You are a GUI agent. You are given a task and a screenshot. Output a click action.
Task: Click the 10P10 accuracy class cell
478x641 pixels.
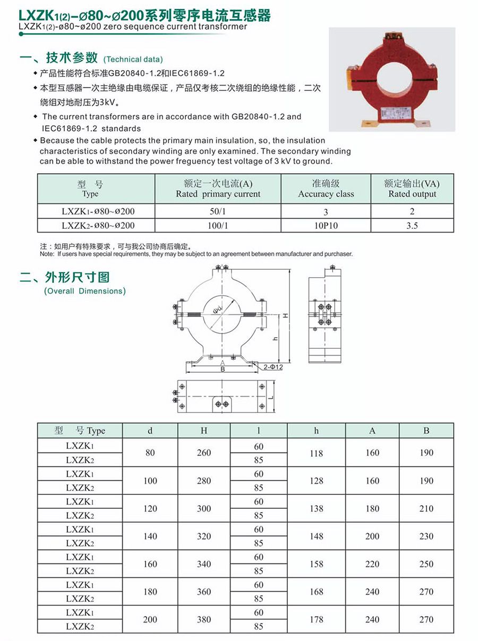tap(326, 226)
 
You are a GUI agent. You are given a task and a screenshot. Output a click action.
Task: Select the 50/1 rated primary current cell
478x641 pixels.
tap(218, 211)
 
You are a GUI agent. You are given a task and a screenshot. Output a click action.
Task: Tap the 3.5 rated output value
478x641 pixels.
tap(412, 226)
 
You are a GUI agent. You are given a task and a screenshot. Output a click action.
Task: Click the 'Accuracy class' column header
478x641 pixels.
tap(326, 189)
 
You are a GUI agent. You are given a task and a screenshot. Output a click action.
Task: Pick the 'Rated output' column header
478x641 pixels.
tap(412, 189)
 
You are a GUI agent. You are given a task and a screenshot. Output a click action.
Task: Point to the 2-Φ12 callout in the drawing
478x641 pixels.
tap(273, 367)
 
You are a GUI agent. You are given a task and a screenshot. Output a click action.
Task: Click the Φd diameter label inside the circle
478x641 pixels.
tap(218, 309)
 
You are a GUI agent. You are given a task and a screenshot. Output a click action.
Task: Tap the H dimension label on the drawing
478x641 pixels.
tap(285, 315)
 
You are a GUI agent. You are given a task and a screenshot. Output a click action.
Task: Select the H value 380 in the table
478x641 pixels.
tap(204, 620)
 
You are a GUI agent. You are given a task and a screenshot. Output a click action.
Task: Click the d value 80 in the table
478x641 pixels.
tap(150, 453)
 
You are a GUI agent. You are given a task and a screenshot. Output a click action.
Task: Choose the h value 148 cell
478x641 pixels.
tap(317, 536)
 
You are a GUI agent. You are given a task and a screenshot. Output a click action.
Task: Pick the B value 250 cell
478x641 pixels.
tap(426, 564)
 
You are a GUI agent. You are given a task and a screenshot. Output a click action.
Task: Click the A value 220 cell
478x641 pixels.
tap(372, 564)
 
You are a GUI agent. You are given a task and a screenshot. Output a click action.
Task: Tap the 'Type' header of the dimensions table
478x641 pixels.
tap(80, 431)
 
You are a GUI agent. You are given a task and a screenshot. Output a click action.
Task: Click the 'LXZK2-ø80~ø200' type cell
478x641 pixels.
tap(98, 226)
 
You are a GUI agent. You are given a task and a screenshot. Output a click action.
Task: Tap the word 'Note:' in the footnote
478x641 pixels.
tap(47, 254)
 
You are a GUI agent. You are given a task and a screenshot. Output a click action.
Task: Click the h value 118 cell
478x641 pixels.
tap(317, 453)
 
